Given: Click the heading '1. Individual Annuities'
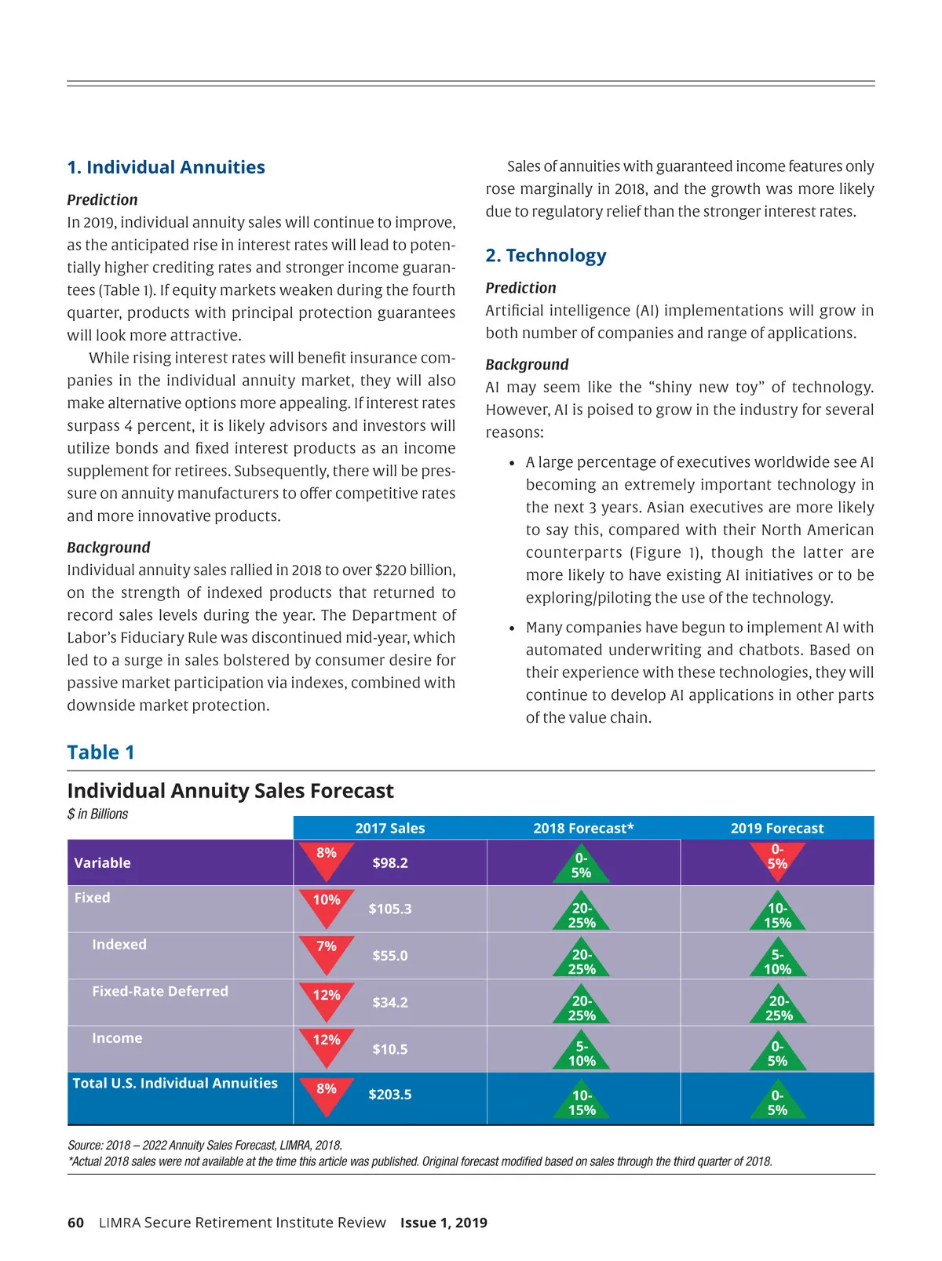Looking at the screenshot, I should [166, 167].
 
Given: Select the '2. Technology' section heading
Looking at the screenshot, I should [546, 256].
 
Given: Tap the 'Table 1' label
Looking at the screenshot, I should [100, 753].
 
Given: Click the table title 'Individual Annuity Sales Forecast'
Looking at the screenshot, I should [230, 791].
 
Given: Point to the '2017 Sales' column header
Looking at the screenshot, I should [389, 829].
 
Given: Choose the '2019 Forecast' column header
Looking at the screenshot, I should [777, 829].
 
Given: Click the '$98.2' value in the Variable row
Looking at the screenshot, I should [390, 863].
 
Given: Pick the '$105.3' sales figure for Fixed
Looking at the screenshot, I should [390, 909].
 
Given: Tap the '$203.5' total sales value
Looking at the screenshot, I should [390, 1095].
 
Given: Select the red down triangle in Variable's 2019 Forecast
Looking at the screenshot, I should [777, 858].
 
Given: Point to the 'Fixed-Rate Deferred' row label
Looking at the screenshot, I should [160, 992].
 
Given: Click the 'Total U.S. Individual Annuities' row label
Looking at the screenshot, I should [175, 1084].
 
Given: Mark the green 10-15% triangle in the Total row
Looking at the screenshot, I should [582, 1101].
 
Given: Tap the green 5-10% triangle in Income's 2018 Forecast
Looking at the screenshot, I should [582, 1052].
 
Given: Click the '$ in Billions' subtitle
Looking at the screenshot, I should [97, 815].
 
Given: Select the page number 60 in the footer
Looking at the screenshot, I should [75, 1223].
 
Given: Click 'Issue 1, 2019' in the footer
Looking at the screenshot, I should [444, 1223].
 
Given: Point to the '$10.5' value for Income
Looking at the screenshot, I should [390, 1050].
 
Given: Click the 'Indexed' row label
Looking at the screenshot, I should [119, 945].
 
